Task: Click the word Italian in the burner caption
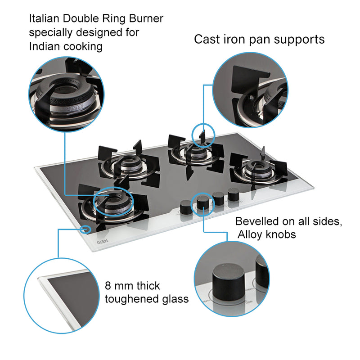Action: [43, 19]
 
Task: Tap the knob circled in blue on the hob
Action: [203, 202]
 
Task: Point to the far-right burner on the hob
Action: [258, 170]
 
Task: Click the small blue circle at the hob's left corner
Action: [85, 229]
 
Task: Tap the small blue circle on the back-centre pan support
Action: [203, 135]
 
